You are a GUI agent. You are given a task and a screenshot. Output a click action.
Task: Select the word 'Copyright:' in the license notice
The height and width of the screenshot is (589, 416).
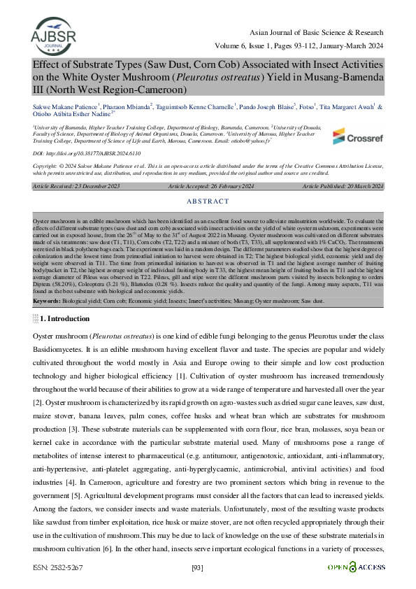[x=45, y=166]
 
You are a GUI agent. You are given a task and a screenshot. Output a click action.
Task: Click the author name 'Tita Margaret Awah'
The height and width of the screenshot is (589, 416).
[x=349, y=107]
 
